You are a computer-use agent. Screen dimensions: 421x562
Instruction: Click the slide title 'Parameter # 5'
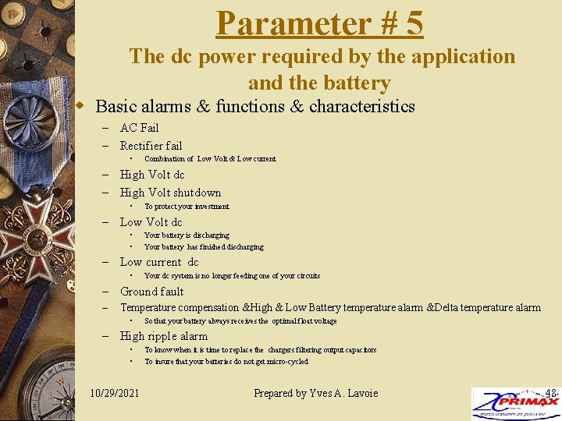pyautogui.click(x=319, y=23)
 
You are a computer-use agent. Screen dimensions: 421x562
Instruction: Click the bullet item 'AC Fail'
pyautogui.click(x=139, y=128)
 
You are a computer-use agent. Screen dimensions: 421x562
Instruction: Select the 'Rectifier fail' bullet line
pyautogui.click(x=151, y=146)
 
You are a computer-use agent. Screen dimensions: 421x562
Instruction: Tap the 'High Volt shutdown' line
pyautogui.click(x=170, y=193)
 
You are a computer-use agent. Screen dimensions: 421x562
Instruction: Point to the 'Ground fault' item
pyautogui.click(x=151, y=292)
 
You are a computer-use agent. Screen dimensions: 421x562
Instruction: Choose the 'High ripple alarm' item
pyautogui.click(x=163, y=336)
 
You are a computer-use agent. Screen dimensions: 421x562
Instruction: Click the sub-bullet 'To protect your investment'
pyautogui.click(x=187, y=207)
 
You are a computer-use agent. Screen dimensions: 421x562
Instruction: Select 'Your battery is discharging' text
pyautogui.click(x=187, y=235)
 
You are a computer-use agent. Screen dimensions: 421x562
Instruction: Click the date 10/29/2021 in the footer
pyautogui.click(x=115, y=393)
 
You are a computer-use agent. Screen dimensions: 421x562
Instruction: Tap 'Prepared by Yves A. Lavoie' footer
pyautogui.click(x=315, y=393)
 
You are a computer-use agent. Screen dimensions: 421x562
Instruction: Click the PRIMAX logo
pyautogui.click(x=514, y=405)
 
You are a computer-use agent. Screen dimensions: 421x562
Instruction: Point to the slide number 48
pyautogui.click(x=550, y=392)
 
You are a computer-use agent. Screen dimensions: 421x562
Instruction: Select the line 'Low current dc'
pyautogui.click(x=158, y=262)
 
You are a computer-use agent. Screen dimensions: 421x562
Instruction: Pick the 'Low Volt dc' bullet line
pyautogui.click(x=151, y=222)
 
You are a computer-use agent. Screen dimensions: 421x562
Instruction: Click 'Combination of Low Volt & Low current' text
pyautogui.click(x=210, y=159)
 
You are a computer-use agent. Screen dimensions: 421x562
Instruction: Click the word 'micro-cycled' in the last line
pyautogui.click(x=285, y=362)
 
